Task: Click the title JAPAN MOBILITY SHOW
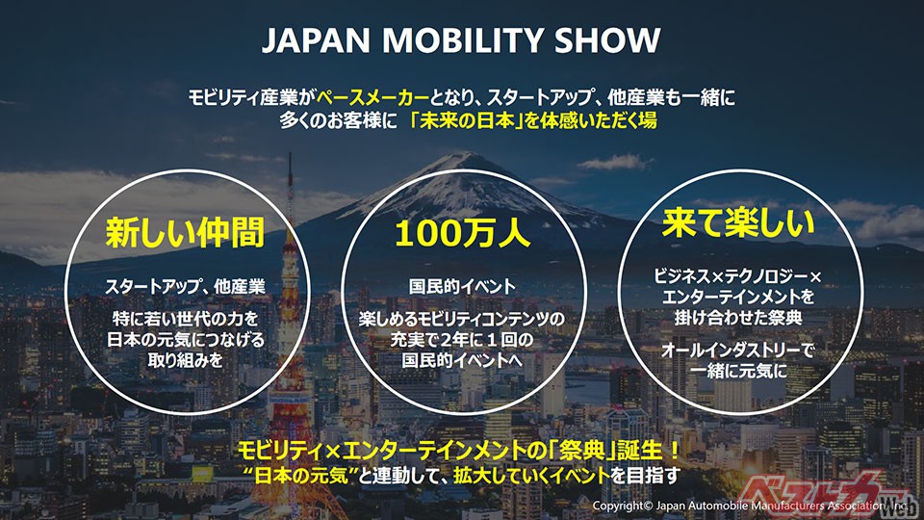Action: pyautogui.click(x=461, y=40)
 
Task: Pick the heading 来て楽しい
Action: pyautogui.click(x=739, y=224)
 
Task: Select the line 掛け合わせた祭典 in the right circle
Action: pyautogui.click(x=739, y=317)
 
